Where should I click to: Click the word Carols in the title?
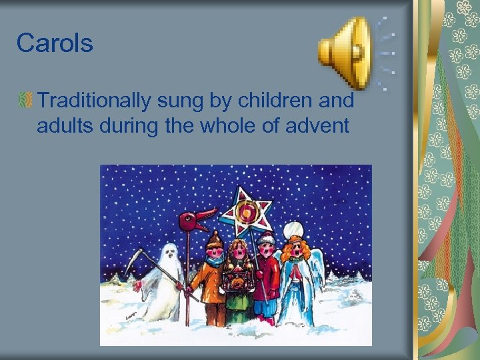[55, 43]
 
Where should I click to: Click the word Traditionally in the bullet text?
[95, 101]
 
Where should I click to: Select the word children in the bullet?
[277, 101]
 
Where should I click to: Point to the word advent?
[319, 125]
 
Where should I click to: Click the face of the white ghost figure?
[171, 253]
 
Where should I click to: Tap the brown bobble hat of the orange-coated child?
[213, 239]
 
